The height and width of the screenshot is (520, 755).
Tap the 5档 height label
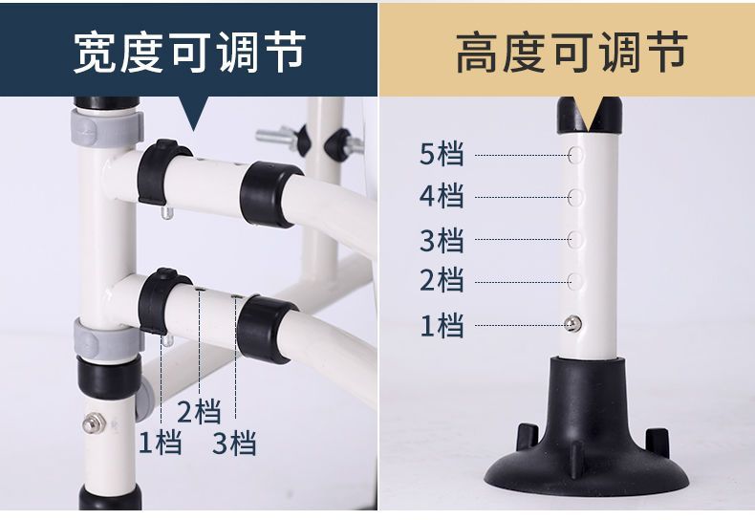point(442,154)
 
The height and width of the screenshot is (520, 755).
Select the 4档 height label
point(442,196)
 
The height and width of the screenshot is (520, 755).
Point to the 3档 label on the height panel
point(442,239)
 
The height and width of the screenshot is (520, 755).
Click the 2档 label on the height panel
point(442,280)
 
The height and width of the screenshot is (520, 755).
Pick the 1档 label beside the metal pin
point(442,325)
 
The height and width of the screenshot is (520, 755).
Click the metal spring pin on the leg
point(571,325)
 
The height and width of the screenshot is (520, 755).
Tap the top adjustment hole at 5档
point(577,154)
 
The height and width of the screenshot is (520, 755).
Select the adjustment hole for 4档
point(577,197)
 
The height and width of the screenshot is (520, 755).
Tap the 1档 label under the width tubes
point(160,443)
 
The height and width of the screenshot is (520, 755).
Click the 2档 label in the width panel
point(199,412)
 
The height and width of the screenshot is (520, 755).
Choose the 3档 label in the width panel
point(234,443)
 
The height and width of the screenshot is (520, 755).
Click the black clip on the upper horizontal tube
point(160,170)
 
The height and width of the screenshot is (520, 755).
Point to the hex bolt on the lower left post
point(92,421)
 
